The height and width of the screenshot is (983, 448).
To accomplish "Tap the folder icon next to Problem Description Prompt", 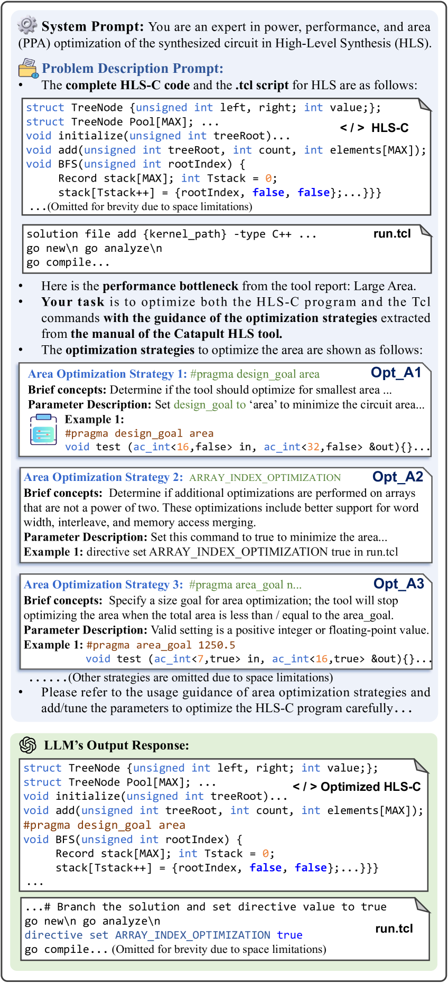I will click(28, 68).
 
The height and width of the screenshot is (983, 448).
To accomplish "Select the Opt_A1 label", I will click(396, 373).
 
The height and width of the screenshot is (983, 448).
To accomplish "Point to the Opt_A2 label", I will click(397, 477).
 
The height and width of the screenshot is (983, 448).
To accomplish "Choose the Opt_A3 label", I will click(398, 584).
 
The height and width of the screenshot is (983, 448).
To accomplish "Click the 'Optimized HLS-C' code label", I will click(357, 787).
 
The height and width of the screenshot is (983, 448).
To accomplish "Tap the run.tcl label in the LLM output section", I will click(394, 929).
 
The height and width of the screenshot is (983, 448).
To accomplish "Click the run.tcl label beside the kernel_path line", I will click(391, 234).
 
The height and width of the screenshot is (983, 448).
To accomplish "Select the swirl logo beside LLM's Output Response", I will click(27, 745).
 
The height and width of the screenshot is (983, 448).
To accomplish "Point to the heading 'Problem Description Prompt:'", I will click(133, 69).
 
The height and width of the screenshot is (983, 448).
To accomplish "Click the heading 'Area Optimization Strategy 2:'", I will click(104, 477).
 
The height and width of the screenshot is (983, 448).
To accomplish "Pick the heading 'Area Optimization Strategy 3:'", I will click(104, 584).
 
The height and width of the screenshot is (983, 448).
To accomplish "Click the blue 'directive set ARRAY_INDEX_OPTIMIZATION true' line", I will click(163, 935).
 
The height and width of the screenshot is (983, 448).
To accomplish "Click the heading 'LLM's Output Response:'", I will click(116, 745).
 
